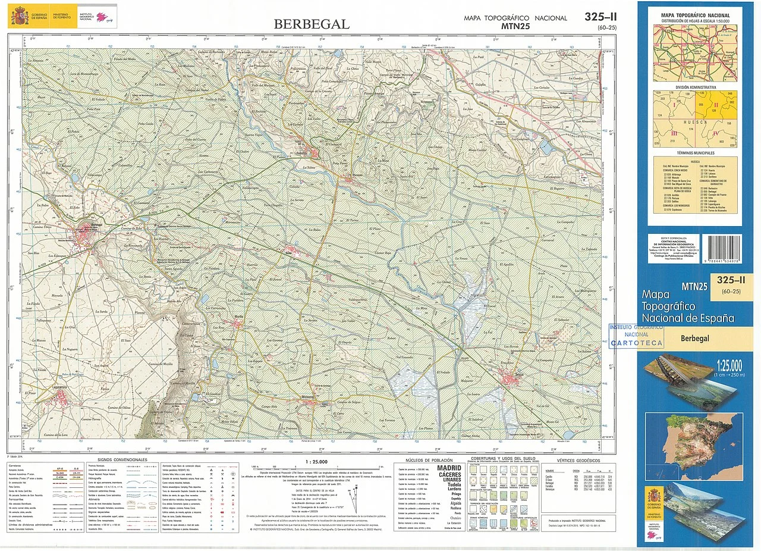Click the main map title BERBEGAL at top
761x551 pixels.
pyautogui.click(x=311, y=24)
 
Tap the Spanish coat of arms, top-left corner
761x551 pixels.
pyautogui.click(x=18, y=15)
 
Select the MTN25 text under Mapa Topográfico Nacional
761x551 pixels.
pyautogui.click(x=515, y=26)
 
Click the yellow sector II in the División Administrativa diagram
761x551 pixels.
pyautogui.click(x=716, y=105)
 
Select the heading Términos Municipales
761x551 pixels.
pyautogui.click(x=695, y=154)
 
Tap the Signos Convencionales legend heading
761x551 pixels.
pyautogui.click(x=122, y=460)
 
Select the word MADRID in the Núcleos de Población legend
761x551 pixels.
pyautogui.click(x=449, y=468)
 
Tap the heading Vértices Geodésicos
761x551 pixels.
pyautogui.click(x=578, y=461)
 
